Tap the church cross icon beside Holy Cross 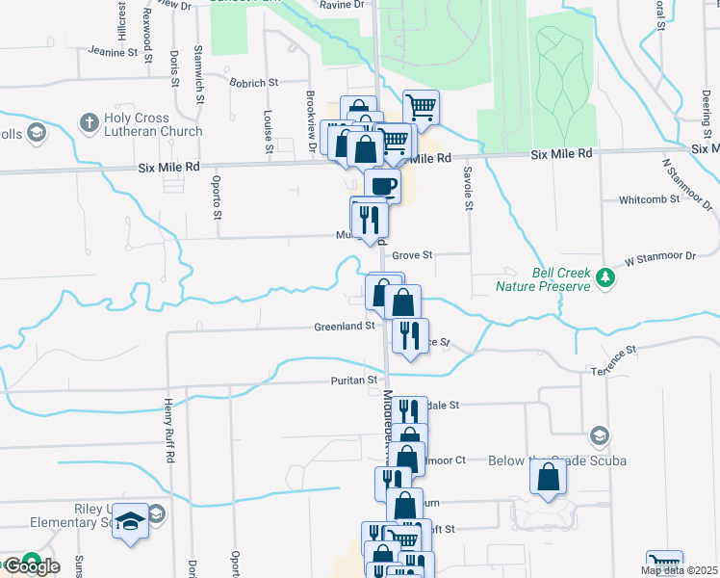[x=89, y=122]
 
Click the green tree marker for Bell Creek [x=604, y=278]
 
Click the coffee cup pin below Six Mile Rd [x=382, y=185]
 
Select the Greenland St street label [x=344, y=327]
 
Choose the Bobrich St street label [x=253, y=84]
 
